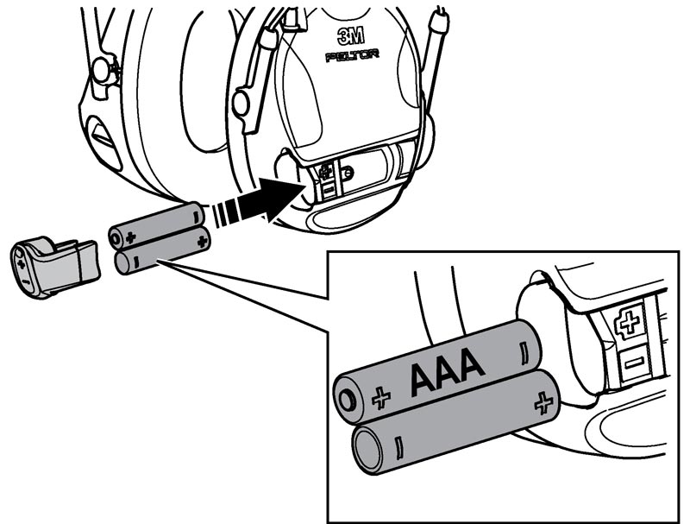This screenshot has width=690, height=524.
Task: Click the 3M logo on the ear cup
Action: point(351,36)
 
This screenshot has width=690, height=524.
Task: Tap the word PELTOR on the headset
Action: point(352,56)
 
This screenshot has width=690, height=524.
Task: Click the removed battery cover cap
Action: point(54,267)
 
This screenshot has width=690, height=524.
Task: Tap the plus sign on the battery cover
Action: point(21,263)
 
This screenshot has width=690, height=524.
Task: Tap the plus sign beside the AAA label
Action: point(381,398)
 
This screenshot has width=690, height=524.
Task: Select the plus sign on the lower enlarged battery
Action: point(543,402)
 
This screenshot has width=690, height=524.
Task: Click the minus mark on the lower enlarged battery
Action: point(398,448)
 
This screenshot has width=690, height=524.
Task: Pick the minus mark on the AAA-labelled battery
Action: point(524,353)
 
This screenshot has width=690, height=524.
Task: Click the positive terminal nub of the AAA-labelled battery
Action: point(347,401)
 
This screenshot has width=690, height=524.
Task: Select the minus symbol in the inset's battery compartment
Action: point(634,363)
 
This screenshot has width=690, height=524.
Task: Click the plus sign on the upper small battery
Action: point(130,237)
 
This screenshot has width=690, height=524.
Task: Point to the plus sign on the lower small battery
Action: point(202,242)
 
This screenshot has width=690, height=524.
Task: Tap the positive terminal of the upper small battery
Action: point(115,239)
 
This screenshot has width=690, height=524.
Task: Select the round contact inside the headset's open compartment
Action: point(348,172)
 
